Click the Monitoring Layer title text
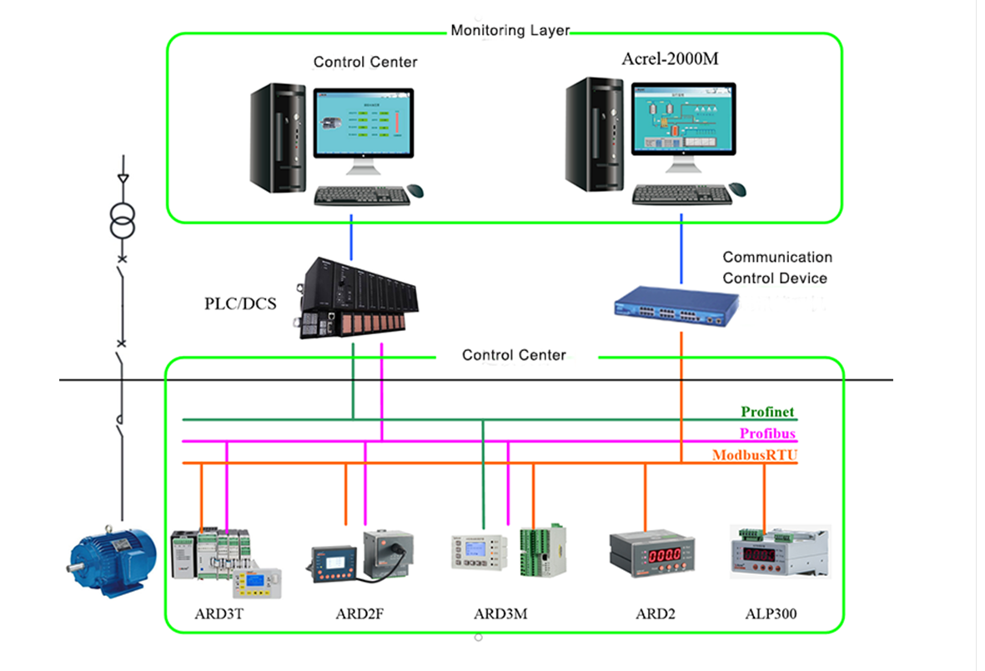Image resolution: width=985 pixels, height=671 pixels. pyautogui.click(x=510, y=31)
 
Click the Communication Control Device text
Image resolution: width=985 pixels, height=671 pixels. pyautogui.click(x=776, y=268)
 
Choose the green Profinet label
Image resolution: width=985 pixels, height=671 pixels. pyautogui.click(x=767, y=412)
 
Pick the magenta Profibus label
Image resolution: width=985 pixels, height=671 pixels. pyautogui.click(x=767, y=433)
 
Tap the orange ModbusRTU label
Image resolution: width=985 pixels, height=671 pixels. pyautogui.click(x=754, y=455)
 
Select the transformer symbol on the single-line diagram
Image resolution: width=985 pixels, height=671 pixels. pyautogui.click(x=123, y=218)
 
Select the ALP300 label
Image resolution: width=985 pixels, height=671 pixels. pyautogui.click(x=771, y=614)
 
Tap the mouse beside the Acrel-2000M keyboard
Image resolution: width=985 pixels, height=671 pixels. pyautogui.click(x=737, y=189)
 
